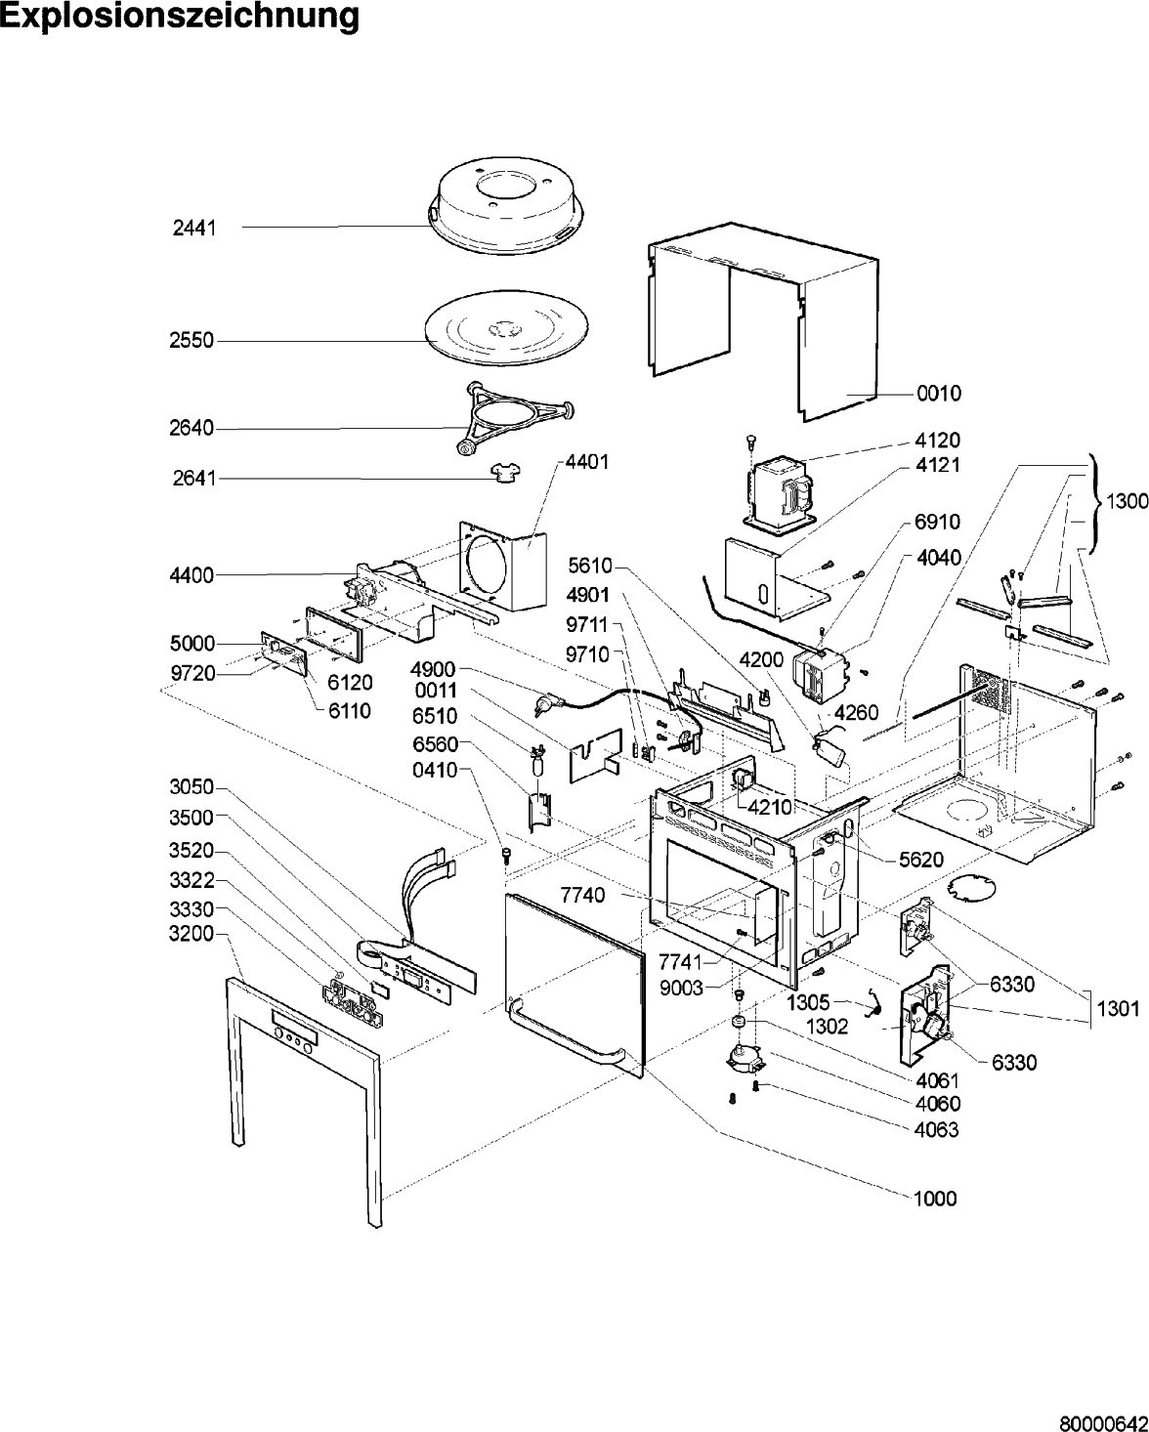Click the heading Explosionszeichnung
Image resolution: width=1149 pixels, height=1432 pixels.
(180, 17)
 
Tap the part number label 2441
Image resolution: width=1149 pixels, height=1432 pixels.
(194, 229)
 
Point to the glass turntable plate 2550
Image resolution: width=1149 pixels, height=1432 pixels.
(507, 328)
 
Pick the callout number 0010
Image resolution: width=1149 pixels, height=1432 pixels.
(939, 394)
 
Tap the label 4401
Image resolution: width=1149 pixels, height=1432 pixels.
(586, 462)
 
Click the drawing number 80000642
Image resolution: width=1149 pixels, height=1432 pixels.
(1104, 1421)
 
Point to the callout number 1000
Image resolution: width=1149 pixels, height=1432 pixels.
(935, 1199)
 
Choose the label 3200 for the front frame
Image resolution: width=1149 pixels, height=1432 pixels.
(191, 934)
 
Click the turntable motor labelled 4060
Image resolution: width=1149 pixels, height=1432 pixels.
(745, 1059)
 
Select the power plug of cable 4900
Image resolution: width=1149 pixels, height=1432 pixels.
(547, 702)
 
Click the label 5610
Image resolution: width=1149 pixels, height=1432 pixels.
(589, 566)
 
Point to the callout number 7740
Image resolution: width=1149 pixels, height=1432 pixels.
(582, 895)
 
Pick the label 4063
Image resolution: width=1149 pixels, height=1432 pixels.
(937, 1129)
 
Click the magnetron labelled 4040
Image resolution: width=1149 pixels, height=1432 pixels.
(822, 675)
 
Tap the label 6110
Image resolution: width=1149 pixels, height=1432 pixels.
(350, 711)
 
